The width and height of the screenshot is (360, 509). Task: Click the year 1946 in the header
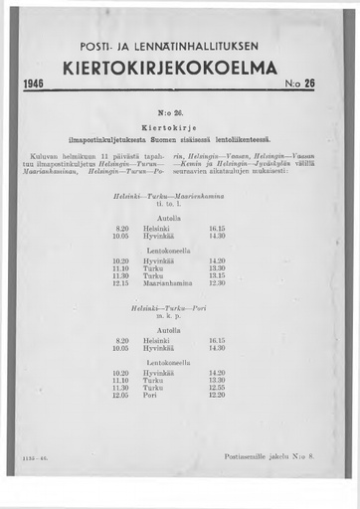pos(34,85)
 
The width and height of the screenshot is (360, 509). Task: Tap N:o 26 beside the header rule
pos(299,85)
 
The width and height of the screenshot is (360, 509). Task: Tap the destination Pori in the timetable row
pos(150,395)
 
